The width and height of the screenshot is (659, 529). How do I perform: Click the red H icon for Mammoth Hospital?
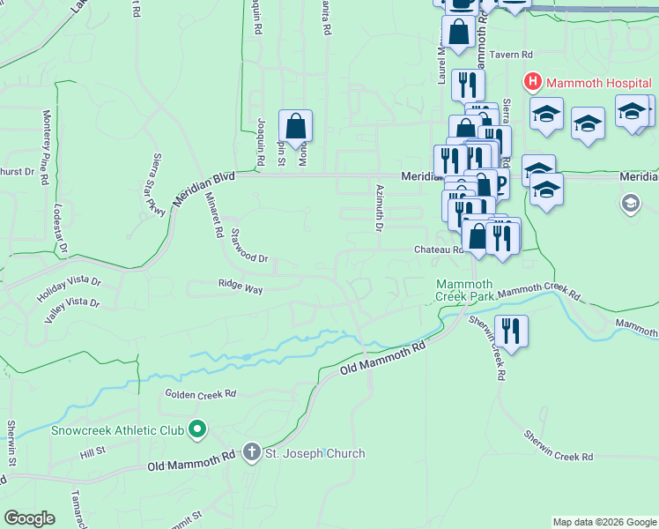coord(533,84)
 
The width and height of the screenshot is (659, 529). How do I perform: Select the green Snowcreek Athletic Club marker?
coord(197,430)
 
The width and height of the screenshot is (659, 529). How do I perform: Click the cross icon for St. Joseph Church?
coord(251,453)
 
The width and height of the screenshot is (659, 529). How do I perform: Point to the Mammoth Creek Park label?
coord(464,289)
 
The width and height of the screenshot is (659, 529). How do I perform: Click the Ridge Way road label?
coord(241,287)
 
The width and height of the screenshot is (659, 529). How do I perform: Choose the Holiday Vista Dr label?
coord(70,287)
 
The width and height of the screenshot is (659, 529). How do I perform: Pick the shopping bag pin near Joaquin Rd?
coord(295,126)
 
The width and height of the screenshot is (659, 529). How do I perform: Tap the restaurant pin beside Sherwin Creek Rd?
coord(511,331)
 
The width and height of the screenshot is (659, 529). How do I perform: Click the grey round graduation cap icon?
coord(630,205)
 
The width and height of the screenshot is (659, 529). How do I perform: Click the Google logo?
coord(29,518)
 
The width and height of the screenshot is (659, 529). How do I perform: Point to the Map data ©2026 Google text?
coord(603,522)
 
